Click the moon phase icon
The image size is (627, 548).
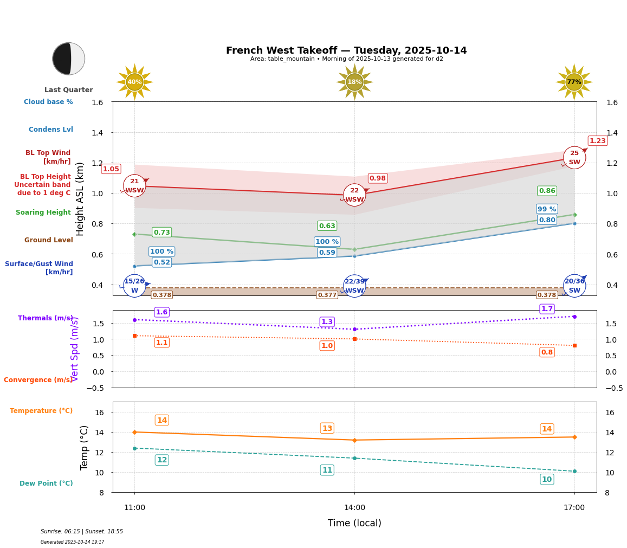pos(69,59)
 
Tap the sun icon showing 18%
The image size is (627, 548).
pos(354,82)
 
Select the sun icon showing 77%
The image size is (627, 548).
pos(574,82)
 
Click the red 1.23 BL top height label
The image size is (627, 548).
pos(597,141)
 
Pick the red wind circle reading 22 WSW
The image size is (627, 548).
pos(354,195)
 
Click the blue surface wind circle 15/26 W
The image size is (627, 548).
pos(134,286)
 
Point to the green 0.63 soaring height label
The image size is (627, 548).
pos(327,226)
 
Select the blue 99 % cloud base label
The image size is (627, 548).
pos(547,209)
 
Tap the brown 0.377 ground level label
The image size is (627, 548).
pos(327,295)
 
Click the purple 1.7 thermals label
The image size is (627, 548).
pos(547,309)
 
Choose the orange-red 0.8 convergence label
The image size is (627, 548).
pos(547,352)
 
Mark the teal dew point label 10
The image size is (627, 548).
pos(547,479)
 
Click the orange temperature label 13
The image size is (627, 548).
pos(327,428)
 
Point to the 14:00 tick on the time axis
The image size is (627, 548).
pos(354,508)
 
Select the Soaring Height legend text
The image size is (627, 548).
pos(43,212)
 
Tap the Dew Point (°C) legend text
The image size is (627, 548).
pos(46,483)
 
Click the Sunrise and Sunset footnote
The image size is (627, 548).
pos(82,532)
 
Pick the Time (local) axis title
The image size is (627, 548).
pos(354,523)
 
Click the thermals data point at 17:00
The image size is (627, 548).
pos(574,317)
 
